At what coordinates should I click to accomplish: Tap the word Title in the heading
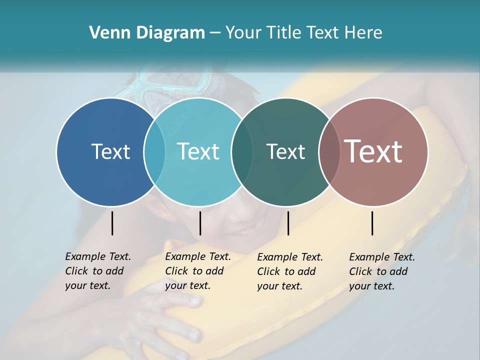tap(283, 33)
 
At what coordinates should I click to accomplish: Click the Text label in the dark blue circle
tap(110, 151)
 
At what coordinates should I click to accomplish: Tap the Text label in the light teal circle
tap(198, 151)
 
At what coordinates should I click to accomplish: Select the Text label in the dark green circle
tap(285, 151)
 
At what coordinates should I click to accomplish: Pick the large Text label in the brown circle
tap(373, 151)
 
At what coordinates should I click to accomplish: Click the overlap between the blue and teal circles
tap(154, 151)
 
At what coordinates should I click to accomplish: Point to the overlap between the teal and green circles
tap(242, 151)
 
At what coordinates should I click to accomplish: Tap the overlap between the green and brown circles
tap(329, 151)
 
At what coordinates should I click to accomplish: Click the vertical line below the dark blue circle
tap(112, 223)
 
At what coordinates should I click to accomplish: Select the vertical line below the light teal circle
tap(200, 223)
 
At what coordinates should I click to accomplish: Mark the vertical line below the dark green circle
tap(288, 223)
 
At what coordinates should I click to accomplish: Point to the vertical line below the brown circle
tap(372, 223)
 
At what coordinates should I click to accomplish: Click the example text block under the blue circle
tap(97, 271)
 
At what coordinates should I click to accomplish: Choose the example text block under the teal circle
tap(197, 271)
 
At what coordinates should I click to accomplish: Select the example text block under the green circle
tap(289, 271)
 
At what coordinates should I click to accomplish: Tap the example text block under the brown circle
tap(381, 271)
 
